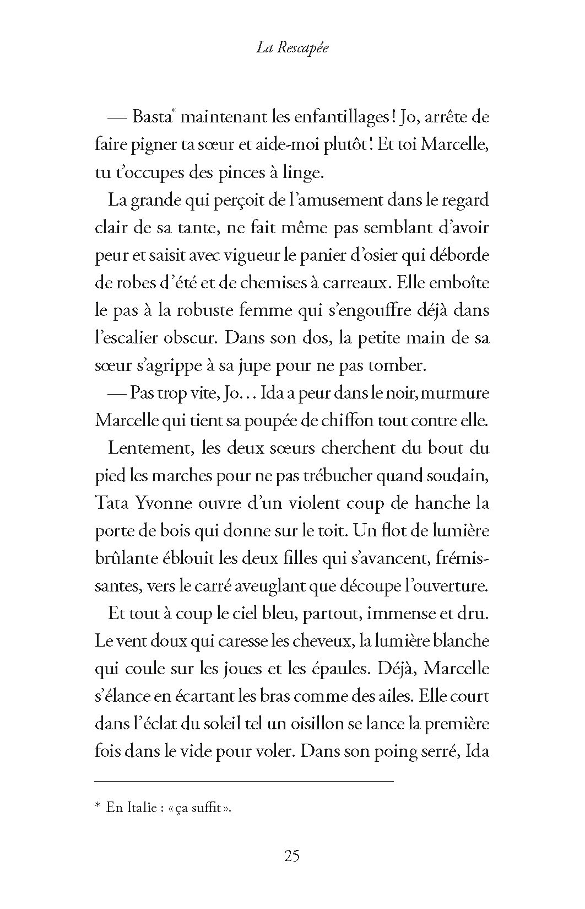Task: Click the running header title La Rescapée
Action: click(x=292, y=48)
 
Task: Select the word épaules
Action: click(x=335, y=669)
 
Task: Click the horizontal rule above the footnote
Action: click(x=244, y=781)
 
